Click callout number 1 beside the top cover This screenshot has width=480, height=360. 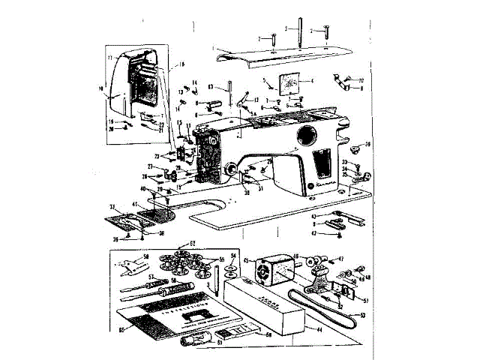pyautogui.click(x=214, y=49)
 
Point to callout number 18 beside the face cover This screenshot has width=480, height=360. pyautogui.click(x=180, y=66)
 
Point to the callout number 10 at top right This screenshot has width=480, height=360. pyautogui.click(x=361, y=79)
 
